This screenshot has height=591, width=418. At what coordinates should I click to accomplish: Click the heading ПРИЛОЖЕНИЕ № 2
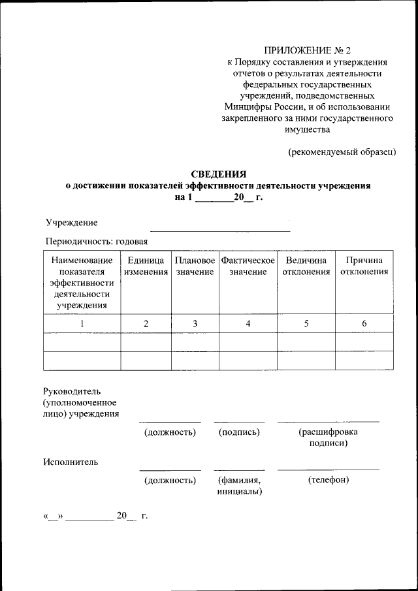pyautogui.click(x=307, y=50)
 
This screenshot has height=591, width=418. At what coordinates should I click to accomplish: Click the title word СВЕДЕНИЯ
pyautogui.click(x=218, y=174)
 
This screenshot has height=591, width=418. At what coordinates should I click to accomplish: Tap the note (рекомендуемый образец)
pyautogui.click(x=342, y=152)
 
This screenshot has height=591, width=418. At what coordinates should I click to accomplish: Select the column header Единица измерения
pyautogui.click(x=146, y=266)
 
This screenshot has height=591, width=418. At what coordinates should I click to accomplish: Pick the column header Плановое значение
pyautogui.click(x=195, y=266)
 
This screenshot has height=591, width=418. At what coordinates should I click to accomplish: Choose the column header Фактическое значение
pyautogui.click(x=248, y=266)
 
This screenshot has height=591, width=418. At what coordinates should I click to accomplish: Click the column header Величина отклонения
pyautogui.click(x=306, y=266)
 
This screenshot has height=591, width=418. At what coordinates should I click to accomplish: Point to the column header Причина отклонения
pyautogui.click(x=364, y=266)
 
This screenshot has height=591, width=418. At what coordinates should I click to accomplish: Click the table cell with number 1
pyautogui.click(x=82, y=323)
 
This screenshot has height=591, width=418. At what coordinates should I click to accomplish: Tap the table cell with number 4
pyautogui.click(x=248, y=323)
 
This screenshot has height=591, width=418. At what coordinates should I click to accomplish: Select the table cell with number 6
pyautogui.click(x=364, y=323)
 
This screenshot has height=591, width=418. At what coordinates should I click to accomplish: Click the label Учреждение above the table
pyautogui.click(x=71, y=223)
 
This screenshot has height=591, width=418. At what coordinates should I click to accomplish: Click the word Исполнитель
pyautogui.click(x=71, y=462)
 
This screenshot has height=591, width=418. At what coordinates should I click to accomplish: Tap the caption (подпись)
pyautogui.click(x=239, y=432)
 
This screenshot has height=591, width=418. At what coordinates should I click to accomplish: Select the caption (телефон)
pyautogui.click(x=328, y=480)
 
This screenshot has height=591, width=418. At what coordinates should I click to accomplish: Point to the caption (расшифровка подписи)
pyautogui.click(x=328, y=438)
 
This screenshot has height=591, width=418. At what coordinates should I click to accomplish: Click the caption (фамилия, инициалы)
pyautogui.click(x=239, y=486)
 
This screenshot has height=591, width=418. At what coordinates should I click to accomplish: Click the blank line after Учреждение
pyautogui.click(x=220, y=231)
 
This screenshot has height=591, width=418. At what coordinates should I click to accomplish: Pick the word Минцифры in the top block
pyautogui.click(x=248, y=106)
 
